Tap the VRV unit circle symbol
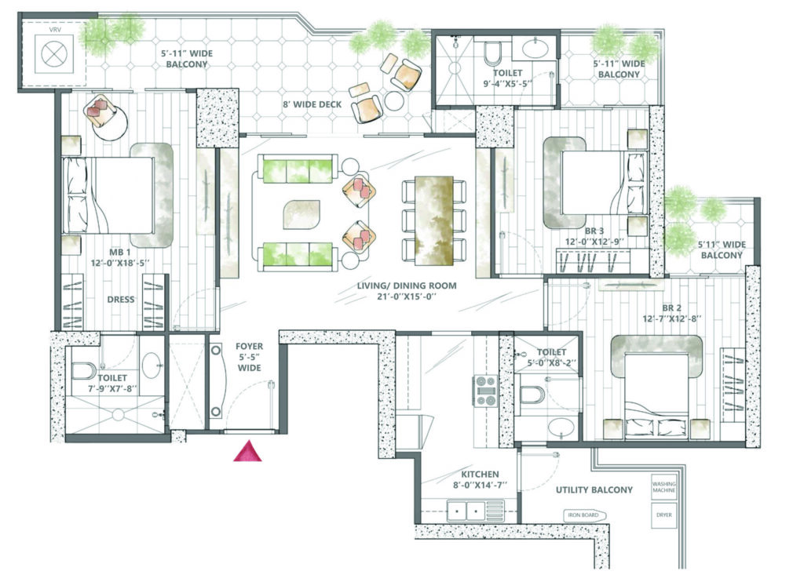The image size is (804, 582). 54,54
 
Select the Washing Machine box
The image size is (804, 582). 664,487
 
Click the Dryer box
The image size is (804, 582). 664,515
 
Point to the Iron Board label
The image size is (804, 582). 583,515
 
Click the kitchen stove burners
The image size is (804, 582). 484,391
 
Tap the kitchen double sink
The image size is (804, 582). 466,511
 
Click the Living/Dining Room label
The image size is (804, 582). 407,291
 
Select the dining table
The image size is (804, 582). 433,221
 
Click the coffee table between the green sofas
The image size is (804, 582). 302,215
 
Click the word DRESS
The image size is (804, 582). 121,300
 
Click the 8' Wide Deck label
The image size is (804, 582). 312,104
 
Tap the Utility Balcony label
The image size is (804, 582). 594,489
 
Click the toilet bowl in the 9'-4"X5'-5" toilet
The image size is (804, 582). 493,53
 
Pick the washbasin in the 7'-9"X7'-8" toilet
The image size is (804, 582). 152,366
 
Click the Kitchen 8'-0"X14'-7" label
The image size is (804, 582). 480,479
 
